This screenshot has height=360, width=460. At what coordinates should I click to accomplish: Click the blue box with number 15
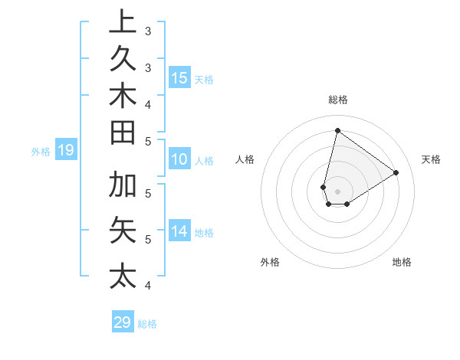click(x=179, y=78)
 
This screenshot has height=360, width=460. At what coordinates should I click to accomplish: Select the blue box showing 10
click(x=179, y=160)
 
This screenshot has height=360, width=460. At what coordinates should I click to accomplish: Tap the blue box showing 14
click(x=179, y=231)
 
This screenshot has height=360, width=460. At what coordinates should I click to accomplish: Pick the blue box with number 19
click(x=65, y=151)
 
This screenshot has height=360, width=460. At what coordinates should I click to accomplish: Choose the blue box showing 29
click(x=122, y=322)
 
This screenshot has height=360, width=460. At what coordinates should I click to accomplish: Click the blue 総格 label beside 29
click(x=147, y=324)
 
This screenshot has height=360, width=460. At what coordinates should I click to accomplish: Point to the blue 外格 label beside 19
click(x=40, y=152)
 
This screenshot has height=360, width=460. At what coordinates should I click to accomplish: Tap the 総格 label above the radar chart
click(x=337, y=100)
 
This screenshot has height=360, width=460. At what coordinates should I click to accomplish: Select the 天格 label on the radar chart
click(x=431, y=159)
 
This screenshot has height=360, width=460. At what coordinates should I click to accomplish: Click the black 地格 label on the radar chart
click(x=402, y=262)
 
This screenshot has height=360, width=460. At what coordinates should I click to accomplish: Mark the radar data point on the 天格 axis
click(x=396, y=172)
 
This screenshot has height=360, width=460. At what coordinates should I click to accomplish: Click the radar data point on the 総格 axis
click(x=337, y=130)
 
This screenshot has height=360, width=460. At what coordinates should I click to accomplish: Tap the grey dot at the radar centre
click(x=337, y=191)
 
